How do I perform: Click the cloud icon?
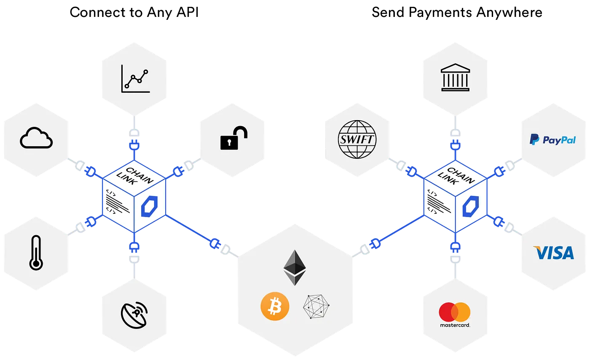pos(36,138)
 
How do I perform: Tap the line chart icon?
pos(135,78)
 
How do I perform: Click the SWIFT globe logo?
pos(357,139)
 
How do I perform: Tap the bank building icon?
pos(455,78)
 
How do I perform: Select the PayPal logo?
pos(552,140)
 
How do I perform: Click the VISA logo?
pos(553,253)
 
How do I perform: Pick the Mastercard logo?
pos(455,314)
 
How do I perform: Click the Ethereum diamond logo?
pos(295,267)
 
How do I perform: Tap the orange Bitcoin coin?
pos(275,306)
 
